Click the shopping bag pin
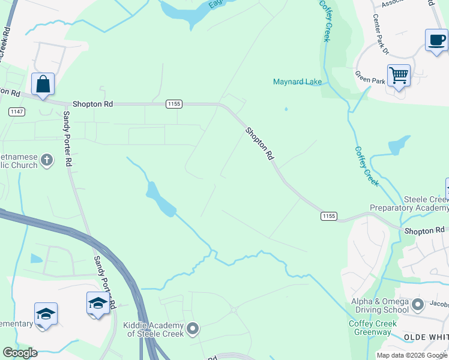click(x=43, y=85)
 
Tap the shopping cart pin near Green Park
click(x=399, y=76)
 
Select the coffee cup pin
click(x=436, y=40)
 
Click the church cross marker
click(x=47, y=160)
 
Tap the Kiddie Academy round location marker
click(x=193, y=328)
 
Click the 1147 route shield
click(x=16, y=112)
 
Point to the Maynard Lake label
click(x=297, y=82)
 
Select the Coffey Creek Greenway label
click(x=372, y=328)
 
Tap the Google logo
click(x=20, y=353)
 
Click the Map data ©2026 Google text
click(x=412, y=355)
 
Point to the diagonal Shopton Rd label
click(x=259, y=143)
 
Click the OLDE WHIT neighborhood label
click(x=426, y=337)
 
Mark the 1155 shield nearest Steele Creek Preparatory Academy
click(x=328, y=216)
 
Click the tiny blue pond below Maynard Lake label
click(x=286, y=109)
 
